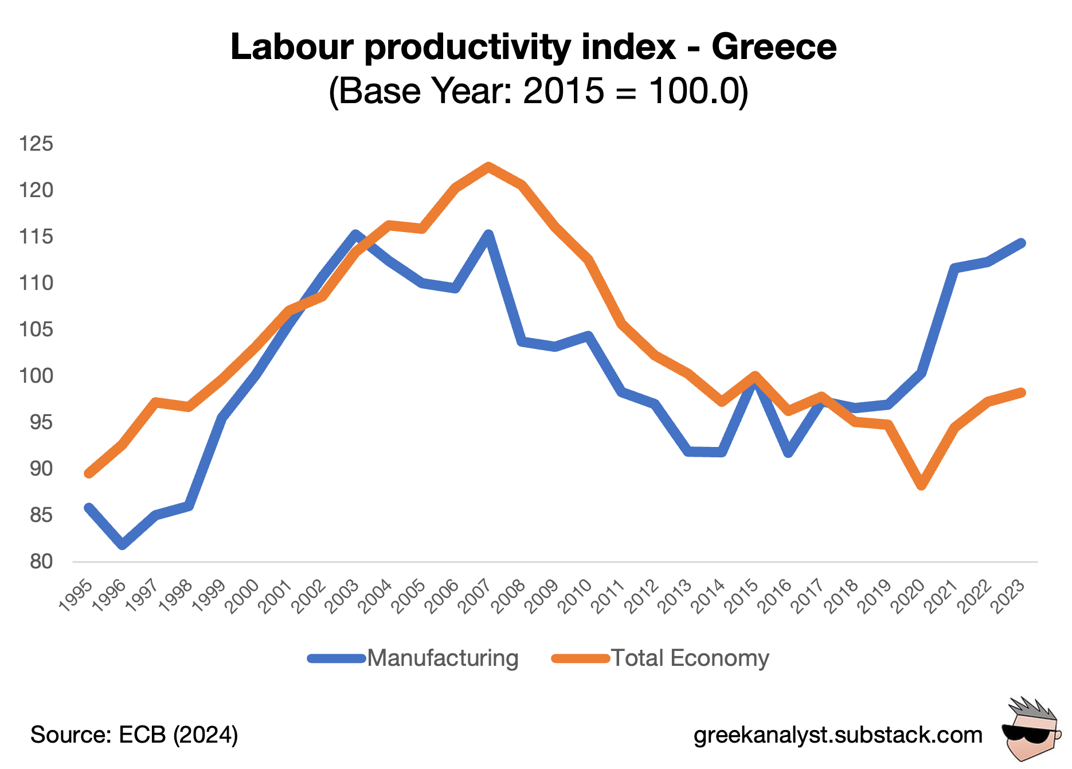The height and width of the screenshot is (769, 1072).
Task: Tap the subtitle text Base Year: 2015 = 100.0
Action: [x=538, y=91]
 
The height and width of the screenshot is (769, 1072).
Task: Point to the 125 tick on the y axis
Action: [x=36, y=143]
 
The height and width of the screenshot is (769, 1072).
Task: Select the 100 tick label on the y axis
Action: [x=36, y=376]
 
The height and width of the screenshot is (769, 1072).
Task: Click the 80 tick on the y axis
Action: [x=41, y=562]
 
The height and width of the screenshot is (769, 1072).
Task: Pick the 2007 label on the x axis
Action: [x=476, y=596]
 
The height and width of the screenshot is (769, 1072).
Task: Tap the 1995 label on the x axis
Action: [x=76, y=596]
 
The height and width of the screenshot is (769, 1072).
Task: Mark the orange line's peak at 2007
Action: [x=488, y=167]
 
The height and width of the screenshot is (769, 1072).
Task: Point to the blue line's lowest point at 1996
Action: [x=122, y=544]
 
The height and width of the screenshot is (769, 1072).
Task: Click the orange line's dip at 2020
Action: [x=921, y=485]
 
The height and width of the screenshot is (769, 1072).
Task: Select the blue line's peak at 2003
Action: [x=355, y=234]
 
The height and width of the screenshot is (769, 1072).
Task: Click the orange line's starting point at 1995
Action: [x=89, y=473]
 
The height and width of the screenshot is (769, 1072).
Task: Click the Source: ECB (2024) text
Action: [x=134, y=735]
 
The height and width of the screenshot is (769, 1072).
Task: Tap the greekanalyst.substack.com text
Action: [x=838, y=735]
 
